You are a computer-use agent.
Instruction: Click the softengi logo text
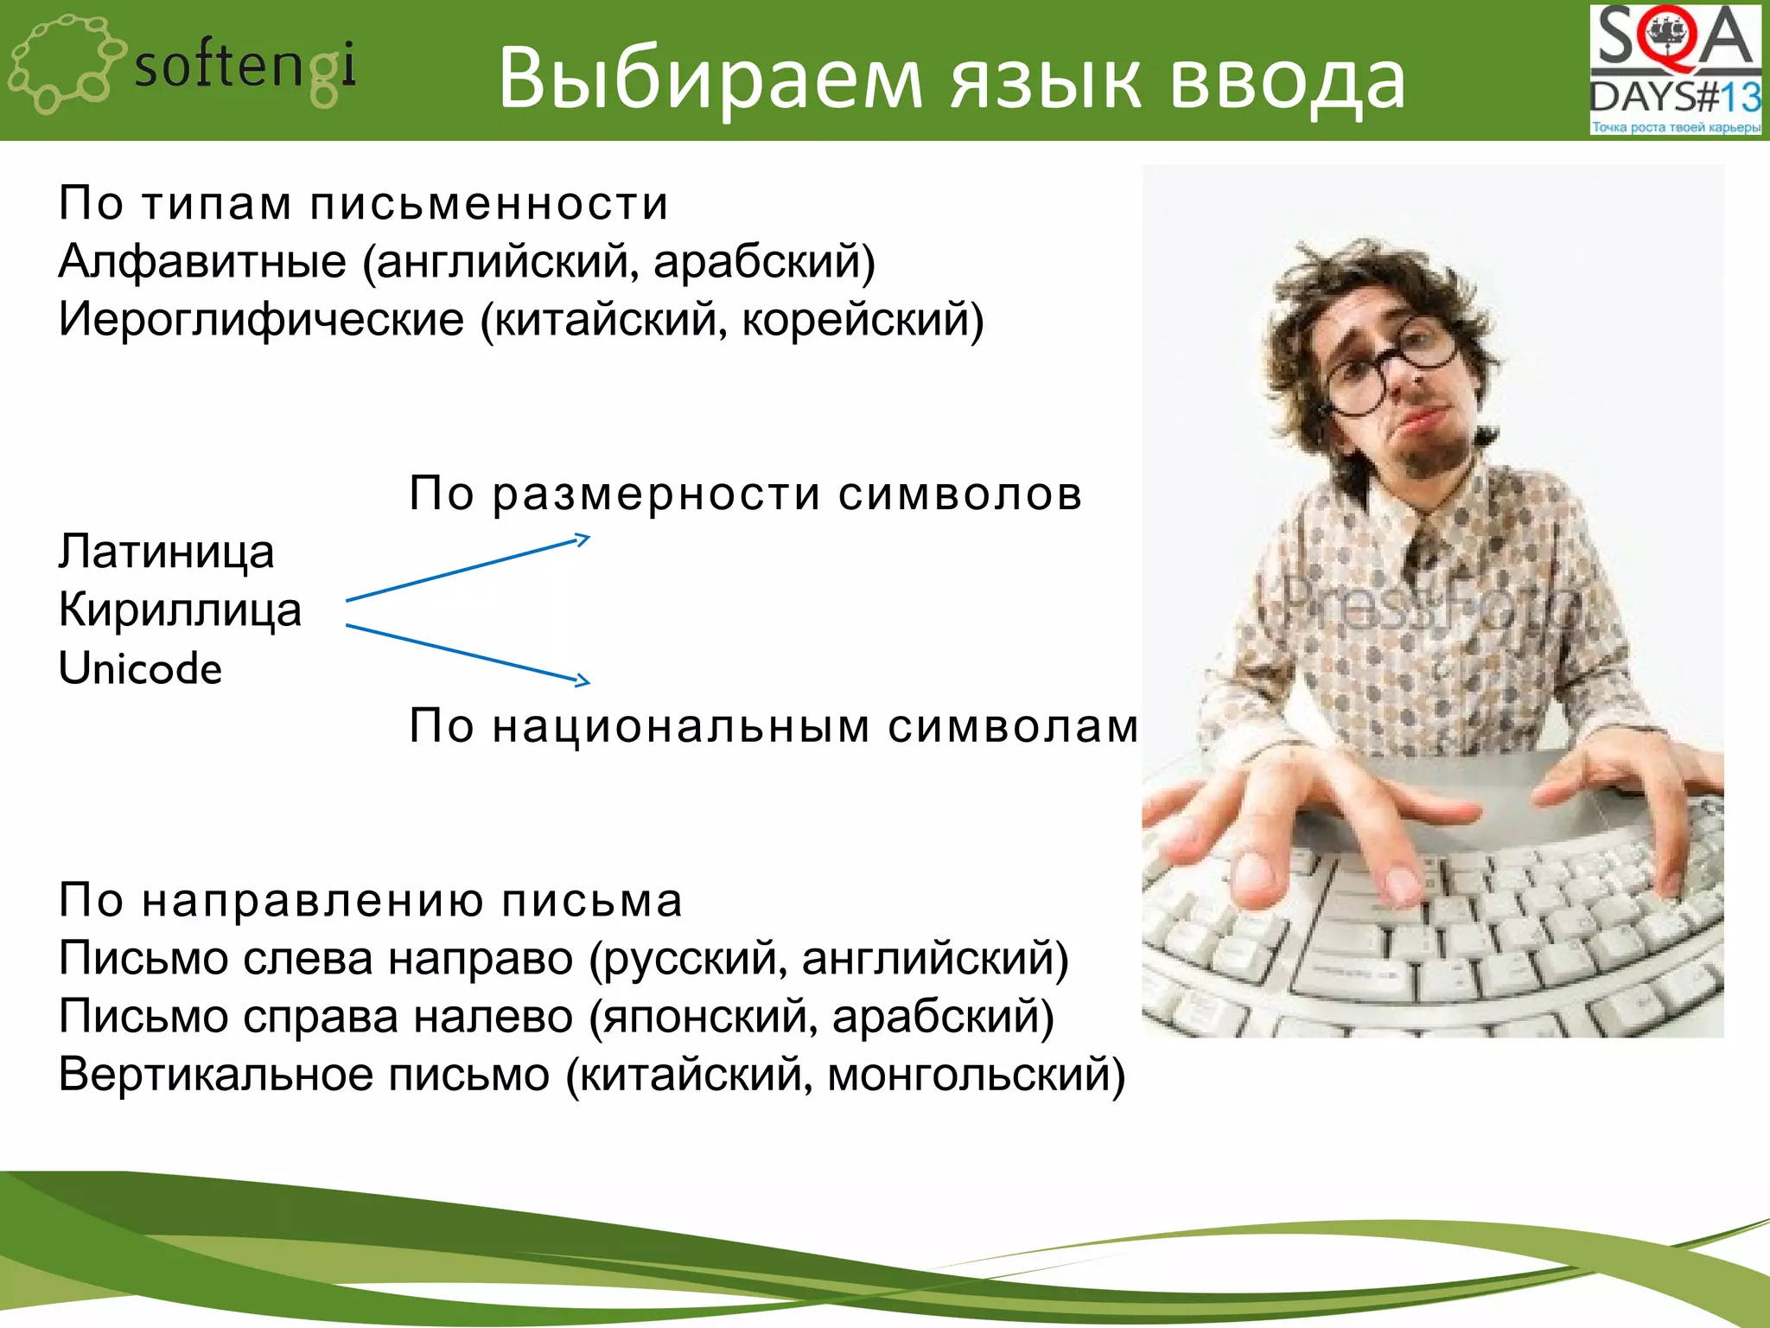tap(245, 67)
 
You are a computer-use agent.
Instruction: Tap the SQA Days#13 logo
tap(1674, 70)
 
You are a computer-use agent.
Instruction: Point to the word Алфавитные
tap(202, 261)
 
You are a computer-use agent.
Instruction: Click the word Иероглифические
tap(261, 319)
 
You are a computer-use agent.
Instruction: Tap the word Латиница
tap(166, 552)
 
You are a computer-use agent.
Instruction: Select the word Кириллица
tap(180, 610)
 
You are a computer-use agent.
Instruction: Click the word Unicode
tap(140, 668)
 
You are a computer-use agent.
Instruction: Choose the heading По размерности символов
tap(745, 494)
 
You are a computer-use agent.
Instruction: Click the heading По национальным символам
tap(774, 725)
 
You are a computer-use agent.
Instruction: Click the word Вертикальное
tap(216, 1075)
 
